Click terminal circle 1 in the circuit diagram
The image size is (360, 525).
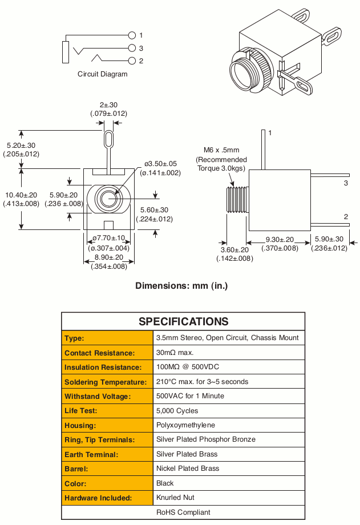(132, 35)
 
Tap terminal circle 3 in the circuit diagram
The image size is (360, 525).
(132, 48)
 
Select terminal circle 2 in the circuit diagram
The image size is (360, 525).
(132, 60)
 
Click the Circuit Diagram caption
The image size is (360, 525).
(103, 74)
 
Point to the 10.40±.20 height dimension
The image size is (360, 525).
(21, 195)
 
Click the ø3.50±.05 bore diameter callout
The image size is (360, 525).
(160, 164)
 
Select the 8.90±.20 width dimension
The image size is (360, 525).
(109, 257)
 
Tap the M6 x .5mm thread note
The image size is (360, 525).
(221, 150)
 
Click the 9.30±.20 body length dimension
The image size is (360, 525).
(280, 240)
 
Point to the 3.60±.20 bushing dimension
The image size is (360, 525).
(234, 250)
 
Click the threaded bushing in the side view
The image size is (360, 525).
(237, 200)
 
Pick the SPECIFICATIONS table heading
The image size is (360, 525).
(184, 321)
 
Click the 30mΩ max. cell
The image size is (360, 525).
(175, 353)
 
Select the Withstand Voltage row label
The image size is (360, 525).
(98, 397)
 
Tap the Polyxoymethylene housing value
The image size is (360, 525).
(185, 425)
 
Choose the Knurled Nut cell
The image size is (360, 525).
(175, 498)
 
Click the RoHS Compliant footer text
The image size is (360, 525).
(183, 512)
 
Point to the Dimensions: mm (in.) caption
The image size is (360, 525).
(181, 286)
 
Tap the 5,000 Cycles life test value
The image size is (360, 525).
(177, 411)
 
